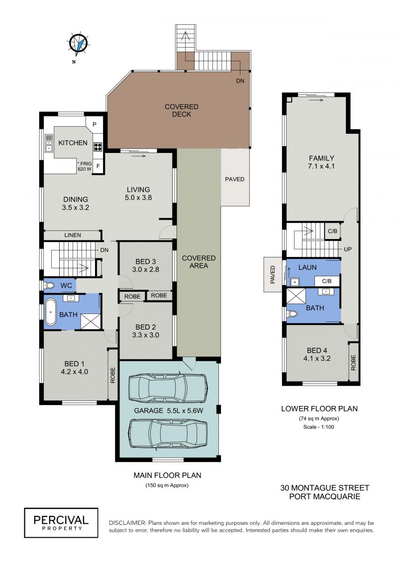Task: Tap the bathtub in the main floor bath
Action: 51,312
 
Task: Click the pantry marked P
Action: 95,124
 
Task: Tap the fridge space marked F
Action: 98,166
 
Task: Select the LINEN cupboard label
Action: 73,235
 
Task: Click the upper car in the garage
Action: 168,388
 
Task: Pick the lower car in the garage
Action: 168,434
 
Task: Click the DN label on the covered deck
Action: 240,81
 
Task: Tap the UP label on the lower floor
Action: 347,249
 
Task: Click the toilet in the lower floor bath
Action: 292,314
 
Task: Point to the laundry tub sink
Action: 295,282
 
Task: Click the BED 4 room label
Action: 317,354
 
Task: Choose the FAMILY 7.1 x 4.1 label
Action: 321,162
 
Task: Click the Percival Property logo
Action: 61,523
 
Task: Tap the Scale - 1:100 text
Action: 319,427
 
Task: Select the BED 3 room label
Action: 145,265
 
